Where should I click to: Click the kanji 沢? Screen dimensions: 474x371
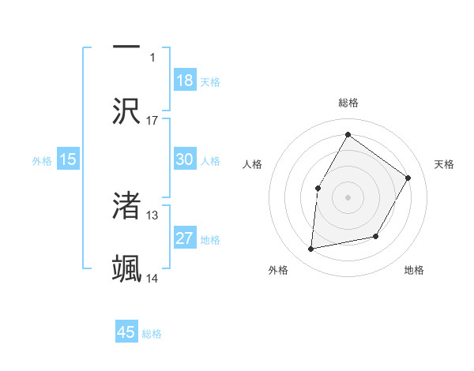[x=126, y=111]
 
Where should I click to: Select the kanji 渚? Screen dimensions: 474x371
[x=126, y=206]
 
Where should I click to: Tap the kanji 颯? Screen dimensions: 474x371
[x=126, y=268]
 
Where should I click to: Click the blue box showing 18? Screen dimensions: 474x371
[x=185, y=80]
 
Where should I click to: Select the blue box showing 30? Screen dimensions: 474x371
[x=185, y=159]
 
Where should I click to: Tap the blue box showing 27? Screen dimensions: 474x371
[x=185, y=238]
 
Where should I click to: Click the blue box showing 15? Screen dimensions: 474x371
[x=68, y=159]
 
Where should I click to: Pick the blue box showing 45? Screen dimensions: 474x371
[x=126, y=332]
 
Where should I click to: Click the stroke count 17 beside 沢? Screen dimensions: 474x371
[x=152, y=120]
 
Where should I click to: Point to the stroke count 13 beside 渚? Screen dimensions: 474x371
[x=152, y=215]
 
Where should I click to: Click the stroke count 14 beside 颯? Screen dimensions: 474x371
[x=152, y=278]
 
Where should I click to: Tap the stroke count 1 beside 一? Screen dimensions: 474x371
[x=152, y=57]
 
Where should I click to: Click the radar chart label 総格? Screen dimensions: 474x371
[x=348, y=103]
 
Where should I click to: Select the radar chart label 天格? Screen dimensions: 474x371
[x=444, y=164]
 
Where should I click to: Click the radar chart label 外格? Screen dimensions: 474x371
[x=278, y=270]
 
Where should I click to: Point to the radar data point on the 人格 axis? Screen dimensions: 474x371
[x=318, y=188]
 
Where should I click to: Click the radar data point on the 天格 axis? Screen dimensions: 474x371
[x=408, y=178]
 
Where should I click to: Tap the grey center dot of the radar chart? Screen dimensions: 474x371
[x=348, y=197]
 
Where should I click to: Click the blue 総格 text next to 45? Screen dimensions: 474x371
[x=152, y=334]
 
